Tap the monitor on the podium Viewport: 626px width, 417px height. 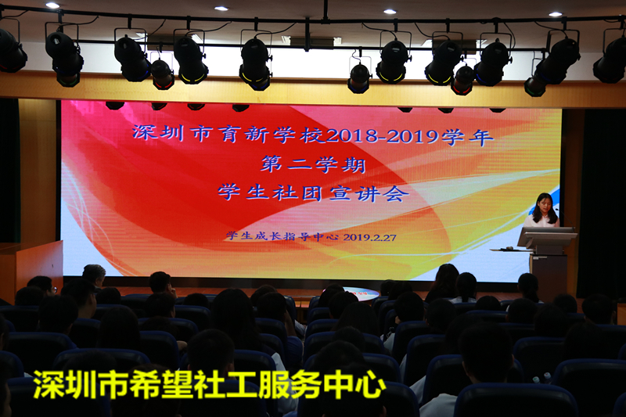click(x=547, y=236)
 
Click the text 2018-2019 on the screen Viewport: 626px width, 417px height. click(x=383, y=136)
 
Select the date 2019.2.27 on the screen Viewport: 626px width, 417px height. click(x=369, y=237)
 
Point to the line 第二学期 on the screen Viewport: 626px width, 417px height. click(x=314, y=164)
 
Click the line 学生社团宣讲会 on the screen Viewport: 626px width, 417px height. click(x=314, y=193)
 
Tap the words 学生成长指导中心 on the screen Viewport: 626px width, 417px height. click(x=282, y=235)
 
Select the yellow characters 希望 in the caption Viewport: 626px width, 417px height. click(x=160, y=384)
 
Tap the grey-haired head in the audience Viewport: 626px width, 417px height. click(x=94, y=274)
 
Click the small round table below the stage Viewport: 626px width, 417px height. click(x=362, y=294)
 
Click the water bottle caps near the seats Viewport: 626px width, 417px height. click(x=542, y=376)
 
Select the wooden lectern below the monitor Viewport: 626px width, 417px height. click(x=550, y=275)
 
